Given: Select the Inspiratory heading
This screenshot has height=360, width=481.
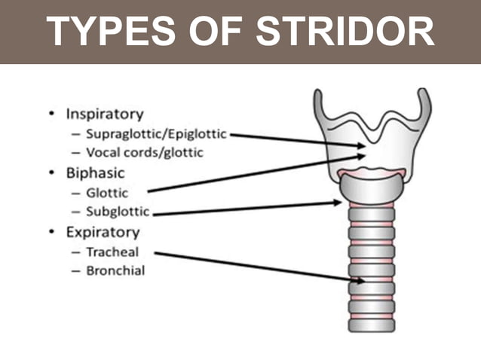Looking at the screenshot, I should point(104,114).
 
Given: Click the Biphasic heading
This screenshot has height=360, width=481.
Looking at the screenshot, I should point(96,173).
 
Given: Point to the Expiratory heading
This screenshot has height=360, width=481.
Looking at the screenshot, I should point(101,232).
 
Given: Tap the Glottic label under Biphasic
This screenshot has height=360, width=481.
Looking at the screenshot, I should point(106,193).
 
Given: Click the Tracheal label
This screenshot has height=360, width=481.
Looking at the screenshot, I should point(112,252).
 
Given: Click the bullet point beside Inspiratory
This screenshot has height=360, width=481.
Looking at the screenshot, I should point(51,114).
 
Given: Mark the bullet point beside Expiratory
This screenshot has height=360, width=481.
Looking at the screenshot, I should point(51,232).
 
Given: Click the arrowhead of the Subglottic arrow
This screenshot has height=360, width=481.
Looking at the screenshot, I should point(338,202).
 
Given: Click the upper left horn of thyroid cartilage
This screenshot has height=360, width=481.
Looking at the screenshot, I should point(320,102).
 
